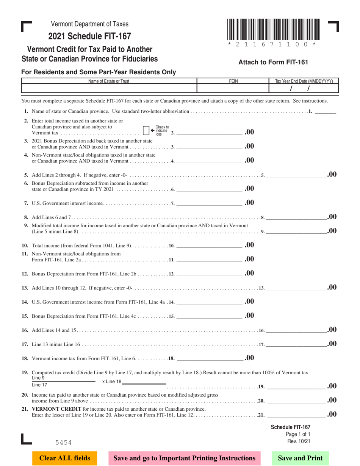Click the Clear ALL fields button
pyautogui.click(x=65, y=458)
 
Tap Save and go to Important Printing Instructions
pyautogui.click(x=185, y=458)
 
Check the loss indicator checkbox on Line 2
pyautogui.click(x=146, y=130)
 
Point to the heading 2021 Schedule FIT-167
pyautogui.click(x=89, y=36)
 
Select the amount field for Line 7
pyautogui.click(x=209, y=203)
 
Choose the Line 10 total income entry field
pyautogui.click(x=209, y=246)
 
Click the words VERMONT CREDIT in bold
pyautogui.click(x=56, y=409)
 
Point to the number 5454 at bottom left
pyautogui.click(x=63, y=442)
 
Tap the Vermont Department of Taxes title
pyautogui.click(x=89, y=24)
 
